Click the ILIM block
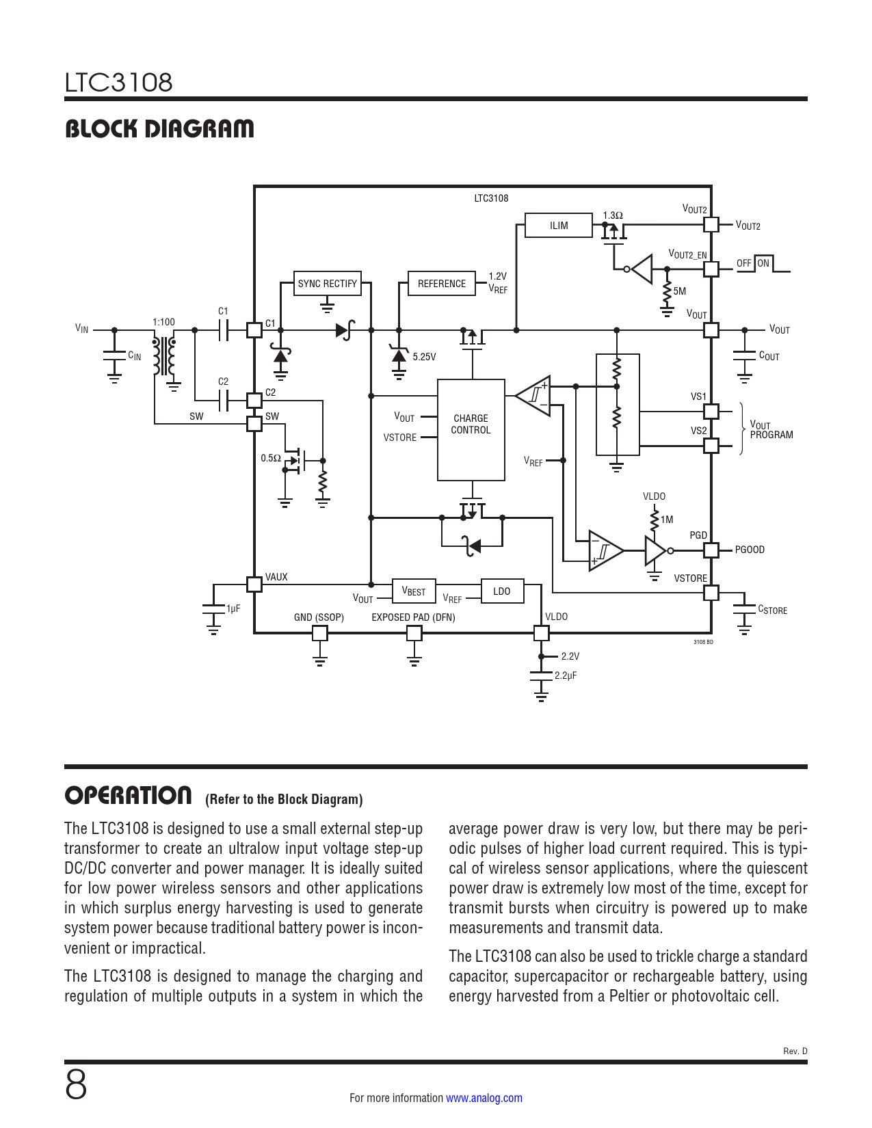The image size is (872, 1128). (558, 226)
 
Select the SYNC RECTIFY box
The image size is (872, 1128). (328, 284)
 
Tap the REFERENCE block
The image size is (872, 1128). (441, 284)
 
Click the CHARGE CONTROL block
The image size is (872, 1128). (471, 430)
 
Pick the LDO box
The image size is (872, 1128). (502, 591)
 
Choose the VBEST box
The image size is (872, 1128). (414, 591)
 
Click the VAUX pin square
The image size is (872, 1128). (254, 584)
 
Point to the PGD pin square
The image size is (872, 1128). (711, 550)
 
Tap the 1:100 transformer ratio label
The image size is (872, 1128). (163, 322)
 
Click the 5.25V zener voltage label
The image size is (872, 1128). (424, 357)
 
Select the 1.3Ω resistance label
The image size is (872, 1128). (613, 215)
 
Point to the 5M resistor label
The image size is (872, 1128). (680, 291)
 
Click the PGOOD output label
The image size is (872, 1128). (750, 550)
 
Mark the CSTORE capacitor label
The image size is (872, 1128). (772, 610)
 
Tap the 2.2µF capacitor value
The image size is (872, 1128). (566, 675)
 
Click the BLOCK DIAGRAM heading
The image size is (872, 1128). (159, 129)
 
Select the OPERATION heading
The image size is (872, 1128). (129, 796)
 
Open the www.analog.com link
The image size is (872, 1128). (484, 1098)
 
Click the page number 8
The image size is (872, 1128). (76, 1085)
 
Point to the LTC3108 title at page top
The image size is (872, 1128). (118, 83)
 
